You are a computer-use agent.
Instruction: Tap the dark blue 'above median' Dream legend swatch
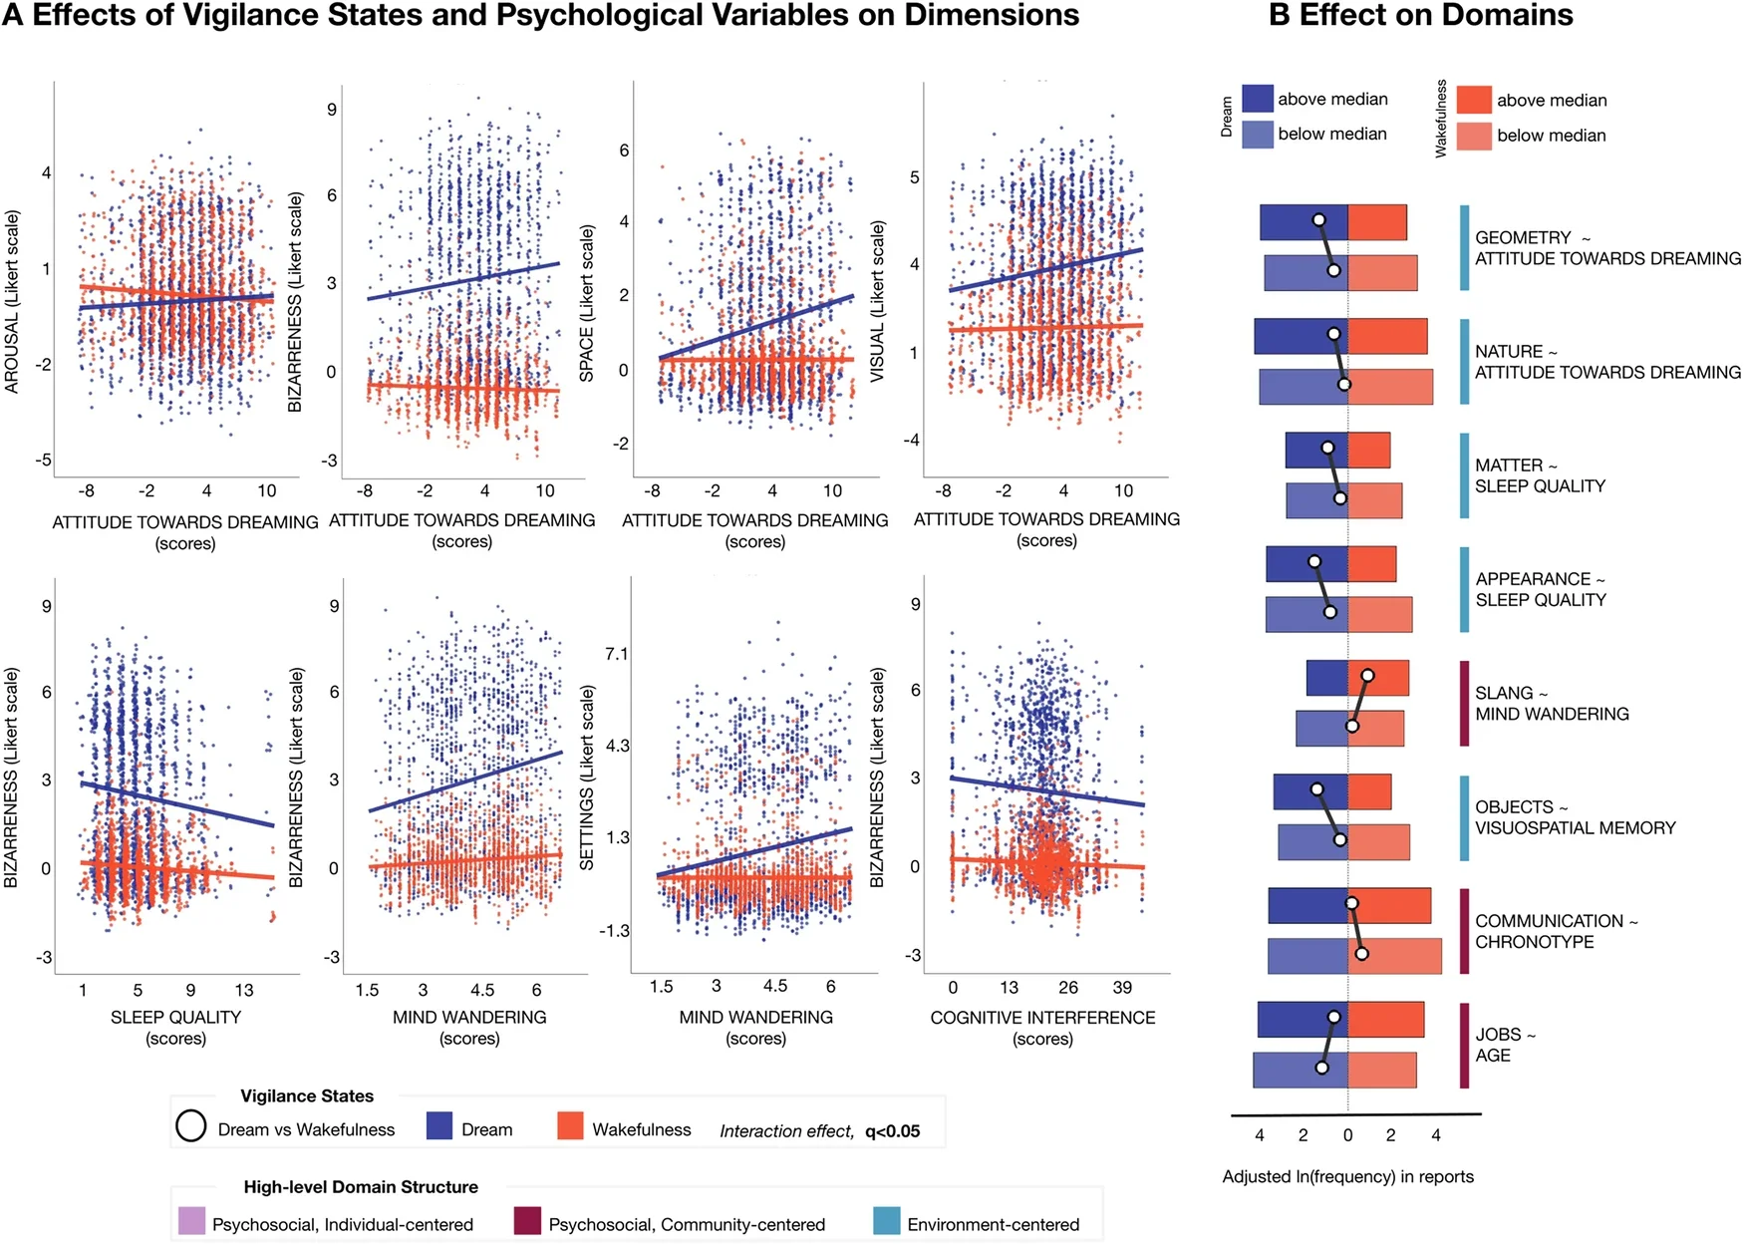(x=1258, y=99)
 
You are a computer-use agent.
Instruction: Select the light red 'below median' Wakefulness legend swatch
(x=1474, y=136)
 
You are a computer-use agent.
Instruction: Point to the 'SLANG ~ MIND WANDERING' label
(x=1551, y=704)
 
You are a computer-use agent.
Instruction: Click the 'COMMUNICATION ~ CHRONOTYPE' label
(x=1555, y=931)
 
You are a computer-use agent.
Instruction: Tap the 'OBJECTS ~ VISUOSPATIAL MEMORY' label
(x=1575, y=817)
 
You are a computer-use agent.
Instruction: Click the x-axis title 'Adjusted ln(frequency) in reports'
(x=1347, y=1176)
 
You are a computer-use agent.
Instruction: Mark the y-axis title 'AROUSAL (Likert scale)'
(x=12, y=301)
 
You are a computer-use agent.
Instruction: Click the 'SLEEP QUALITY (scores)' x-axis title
(x=175, y=1027)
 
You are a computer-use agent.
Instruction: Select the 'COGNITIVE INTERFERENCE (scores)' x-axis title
(x=1042, y=1027)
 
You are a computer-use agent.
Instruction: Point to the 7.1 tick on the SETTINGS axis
(x=617, y=654)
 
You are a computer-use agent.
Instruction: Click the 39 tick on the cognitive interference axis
(x=1122, y=988)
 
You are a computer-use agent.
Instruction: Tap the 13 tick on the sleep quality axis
(x=244, y=990)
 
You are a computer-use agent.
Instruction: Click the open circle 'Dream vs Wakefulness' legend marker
(x=190, y=1126)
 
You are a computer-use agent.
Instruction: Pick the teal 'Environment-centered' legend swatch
(x=887, y=1221)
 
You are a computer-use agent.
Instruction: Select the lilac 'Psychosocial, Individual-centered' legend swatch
(x=191, y=1221)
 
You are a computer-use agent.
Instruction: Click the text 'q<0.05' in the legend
(x=892, y=1130)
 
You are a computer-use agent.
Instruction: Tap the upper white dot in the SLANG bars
(x=1367, y=676)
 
